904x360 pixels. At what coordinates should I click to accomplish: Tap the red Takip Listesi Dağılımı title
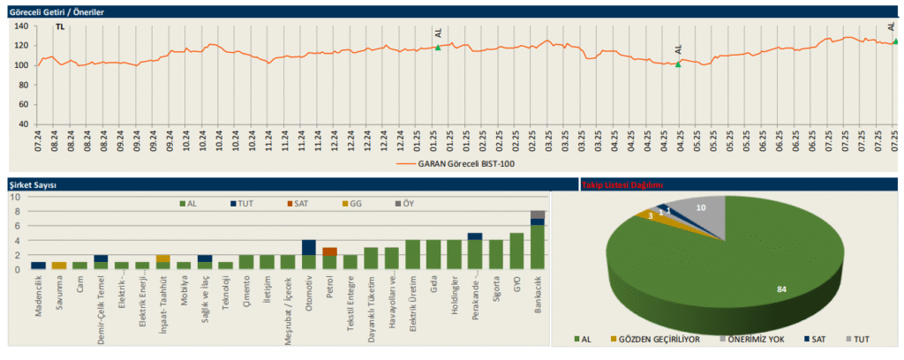pos(622,185)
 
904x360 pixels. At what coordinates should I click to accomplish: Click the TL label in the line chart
pos(60,27)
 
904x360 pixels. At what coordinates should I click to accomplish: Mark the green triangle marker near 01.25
pos(438,48)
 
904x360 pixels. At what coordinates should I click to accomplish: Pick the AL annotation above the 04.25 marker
pos(678,50)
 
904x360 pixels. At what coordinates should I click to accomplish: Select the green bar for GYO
pos(516,251)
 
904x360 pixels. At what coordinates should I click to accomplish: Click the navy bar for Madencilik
pos(38,266)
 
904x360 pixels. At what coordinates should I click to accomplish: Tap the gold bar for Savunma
pos(59,266)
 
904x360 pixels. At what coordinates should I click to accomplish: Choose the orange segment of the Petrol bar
pos(329,251)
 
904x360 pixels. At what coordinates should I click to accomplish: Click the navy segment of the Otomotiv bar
pos(308,248)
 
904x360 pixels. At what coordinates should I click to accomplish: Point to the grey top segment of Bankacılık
pos(538,214)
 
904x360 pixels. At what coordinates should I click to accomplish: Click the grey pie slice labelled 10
pos(703,210)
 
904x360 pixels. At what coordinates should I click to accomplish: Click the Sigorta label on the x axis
pos(496,289)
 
